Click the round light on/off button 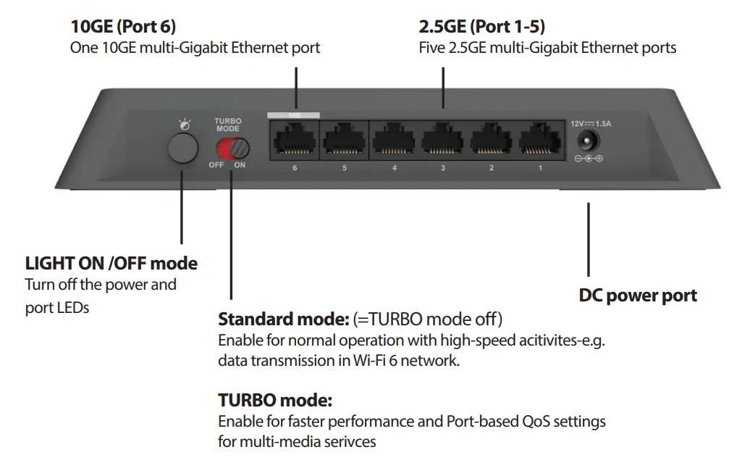182,148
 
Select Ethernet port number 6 295,141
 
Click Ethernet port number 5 345,141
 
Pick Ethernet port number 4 395,141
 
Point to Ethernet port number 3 443,141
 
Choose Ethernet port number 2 492,141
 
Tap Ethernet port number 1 540,141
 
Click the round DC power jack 589,141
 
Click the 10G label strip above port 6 294,114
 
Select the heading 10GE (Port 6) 123,27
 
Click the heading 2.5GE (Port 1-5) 482,27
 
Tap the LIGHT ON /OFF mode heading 111,263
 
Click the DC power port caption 638,296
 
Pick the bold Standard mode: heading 283,319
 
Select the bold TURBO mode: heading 275,400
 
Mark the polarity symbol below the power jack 589,159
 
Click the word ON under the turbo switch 240,165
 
